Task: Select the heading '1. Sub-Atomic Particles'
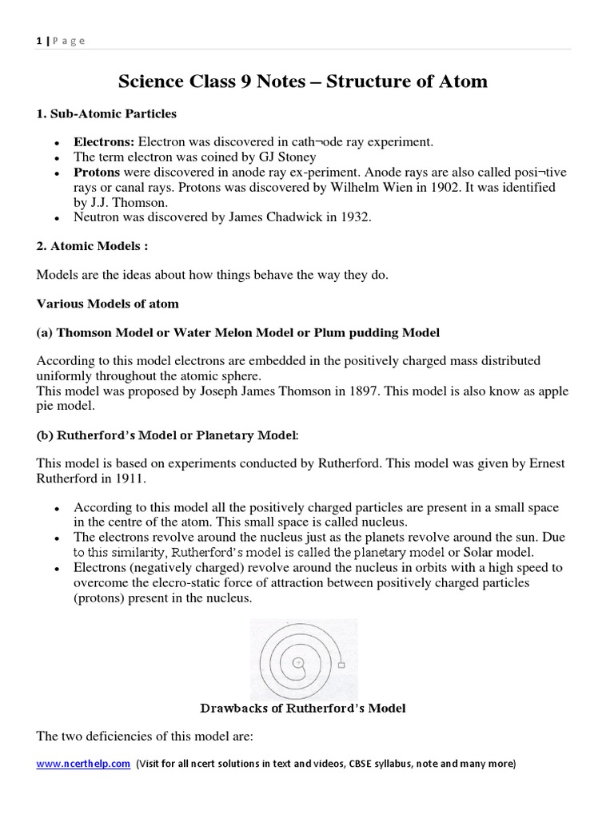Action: (106, 114)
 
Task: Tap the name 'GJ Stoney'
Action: (289, 157)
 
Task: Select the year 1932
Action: (355, 217)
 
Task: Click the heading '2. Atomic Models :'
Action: (93, 247)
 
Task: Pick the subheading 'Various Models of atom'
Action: (108, 304)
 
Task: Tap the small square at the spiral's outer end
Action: (341, 665)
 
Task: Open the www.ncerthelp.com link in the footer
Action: (83, 764)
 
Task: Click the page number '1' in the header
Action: (39, 41)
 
